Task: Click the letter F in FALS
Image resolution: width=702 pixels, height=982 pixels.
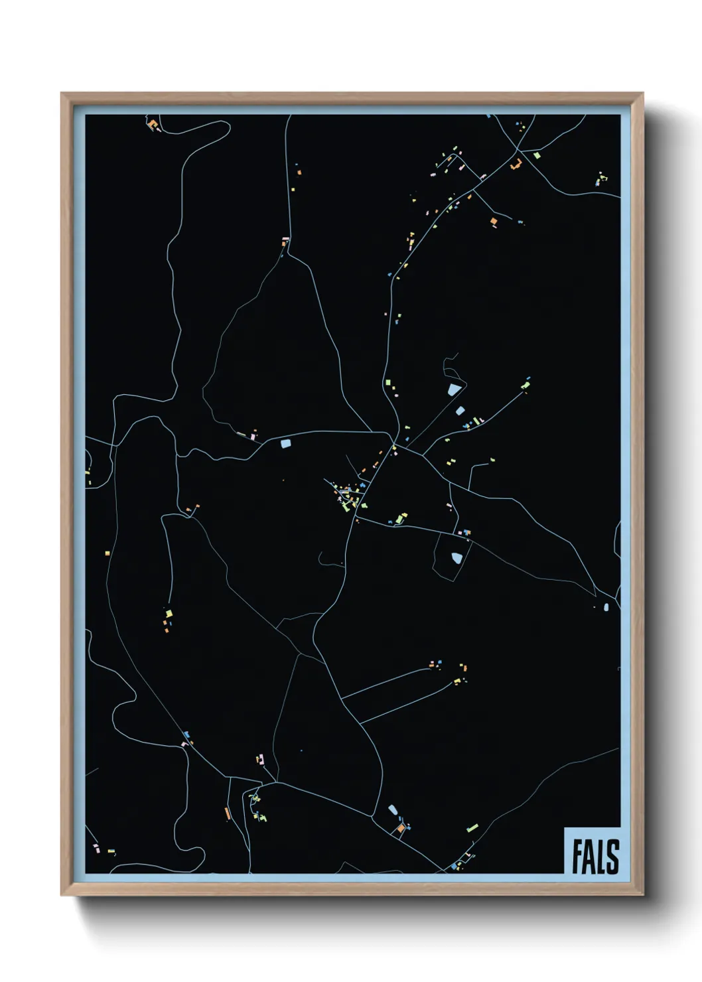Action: pyautogui.click(x=577, y=857)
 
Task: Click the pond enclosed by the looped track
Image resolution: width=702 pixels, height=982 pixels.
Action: pyautogui.click(x=456, y=558)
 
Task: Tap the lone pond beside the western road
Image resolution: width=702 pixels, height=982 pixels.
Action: pyautogui.click(x=285, y=443)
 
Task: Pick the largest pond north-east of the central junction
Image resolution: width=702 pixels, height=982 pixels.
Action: pyautogui.click(x=455, y=390)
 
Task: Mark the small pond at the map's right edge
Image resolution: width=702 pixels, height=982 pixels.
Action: pyautogui.click(x=606, y=606)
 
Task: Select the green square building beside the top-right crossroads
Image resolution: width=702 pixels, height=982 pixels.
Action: pyautogui.click(x=537, y=156)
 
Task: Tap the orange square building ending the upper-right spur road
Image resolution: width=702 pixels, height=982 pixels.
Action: pyautogui.click(x=493, y=222)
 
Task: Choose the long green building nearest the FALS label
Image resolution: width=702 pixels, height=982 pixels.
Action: pyautogui.click(x=472, y=828)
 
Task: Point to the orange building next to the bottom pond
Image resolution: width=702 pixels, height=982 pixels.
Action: pyautogui.click(x=400, y=828)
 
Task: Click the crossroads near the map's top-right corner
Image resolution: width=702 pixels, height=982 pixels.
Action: pyautogui.click(x=517, y=152)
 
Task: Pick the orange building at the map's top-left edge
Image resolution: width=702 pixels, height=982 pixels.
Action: pyautogui.click(x=152, y=124)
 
